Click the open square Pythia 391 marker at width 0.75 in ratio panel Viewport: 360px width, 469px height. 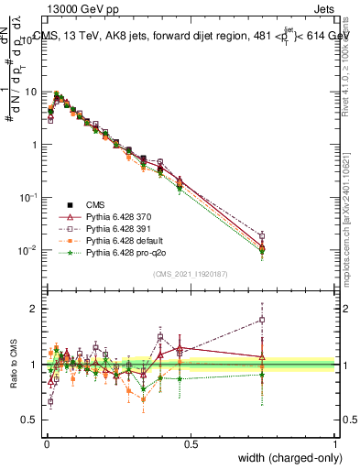click(x=262, y=320)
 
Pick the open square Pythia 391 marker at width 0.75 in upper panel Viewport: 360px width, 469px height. click(x=262, y=235)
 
